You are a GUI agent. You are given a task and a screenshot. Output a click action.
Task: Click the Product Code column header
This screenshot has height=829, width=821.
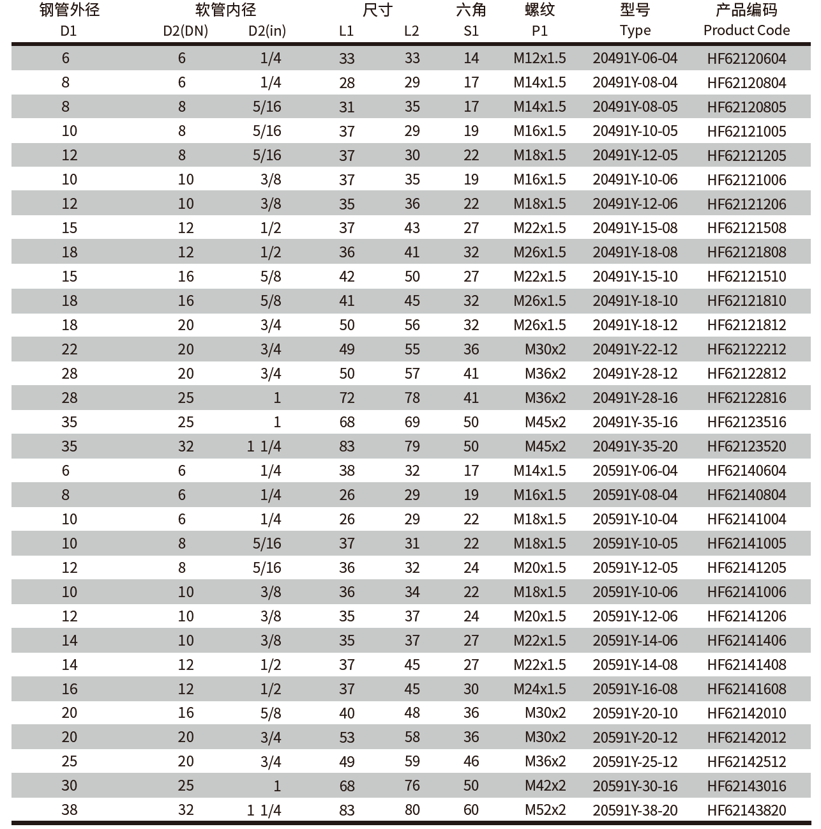[x=746, y=30]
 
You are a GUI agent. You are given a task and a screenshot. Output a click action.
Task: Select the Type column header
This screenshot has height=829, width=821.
[x=635, y=30]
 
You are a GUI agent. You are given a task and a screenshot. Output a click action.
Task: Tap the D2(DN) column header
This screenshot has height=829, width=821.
[x=185, y=31]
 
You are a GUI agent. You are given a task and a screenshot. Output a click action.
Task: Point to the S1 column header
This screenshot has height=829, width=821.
[x=471, y=31]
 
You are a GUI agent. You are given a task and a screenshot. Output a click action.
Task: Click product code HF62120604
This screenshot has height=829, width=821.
[x=746, y=59]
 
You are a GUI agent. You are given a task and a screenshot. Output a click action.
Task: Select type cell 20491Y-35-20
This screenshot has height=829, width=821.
[x=635, y=446]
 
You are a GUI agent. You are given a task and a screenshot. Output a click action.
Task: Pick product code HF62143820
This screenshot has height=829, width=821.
[x=746, y=810]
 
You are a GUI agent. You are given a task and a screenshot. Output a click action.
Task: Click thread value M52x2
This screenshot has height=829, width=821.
[x=545, y=810]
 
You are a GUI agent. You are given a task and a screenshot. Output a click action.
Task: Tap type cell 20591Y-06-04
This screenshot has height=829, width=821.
[x=635, y=471]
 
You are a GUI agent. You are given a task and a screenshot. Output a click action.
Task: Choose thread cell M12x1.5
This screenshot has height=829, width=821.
[x=539, y=59]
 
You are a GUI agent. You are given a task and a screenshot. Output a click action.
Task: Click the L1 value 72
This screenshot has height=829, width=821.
[x=347, y=398]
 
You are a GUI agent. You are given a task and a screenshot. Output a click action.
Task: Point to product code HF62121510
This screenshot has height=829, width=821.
[x=746, y=277]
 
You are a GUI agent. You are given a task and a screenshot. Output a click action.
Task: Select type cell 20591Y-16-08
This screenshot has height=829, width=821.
[x=635, y=689]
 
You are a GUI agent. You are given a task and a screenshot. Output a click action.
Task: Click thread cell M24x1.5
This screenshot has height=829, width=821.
[x=539, y=689]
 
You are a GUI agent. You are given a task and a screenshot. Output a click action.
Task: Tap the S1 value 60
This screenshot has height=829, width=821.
[x=471, y=810]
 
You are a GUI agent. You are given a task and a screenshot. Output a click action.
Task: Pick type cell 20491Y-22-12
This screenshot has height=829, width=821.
[x=635, y=349]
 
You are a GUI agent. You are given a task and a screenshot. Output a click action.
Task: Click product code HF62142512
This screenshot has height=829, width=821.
[x=746, y=762]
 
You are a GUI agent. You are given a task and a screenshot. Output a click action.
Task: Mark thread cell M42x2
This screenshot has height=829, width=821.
[x=545, y=786]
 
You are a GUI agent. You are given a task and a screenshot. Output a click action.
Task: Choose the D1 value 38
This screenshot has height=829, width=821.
[x=70, y=810]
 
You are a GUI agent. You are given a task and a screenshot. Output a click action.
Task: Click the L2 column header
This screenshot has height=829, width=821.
[x=412, y=31]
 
